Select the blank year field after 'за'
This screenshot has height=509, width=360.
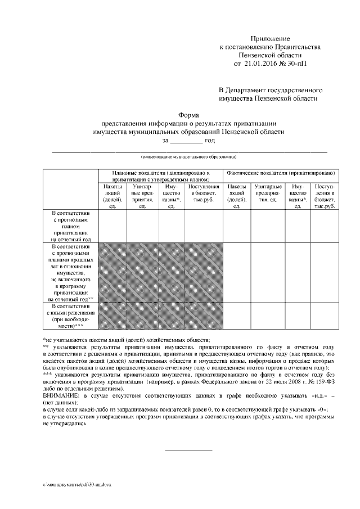187,141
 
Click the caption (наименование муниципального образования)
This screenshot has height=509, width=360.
188,156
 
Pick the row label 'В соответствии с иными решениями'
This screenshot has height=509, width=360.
70,316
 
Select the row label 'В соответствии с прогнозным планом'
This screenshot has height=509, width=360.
70,226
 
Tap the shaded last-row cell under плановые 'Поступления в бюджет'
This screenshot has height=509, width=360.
203,316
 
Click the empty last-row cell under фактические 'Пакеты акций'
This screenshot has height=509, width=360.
237,316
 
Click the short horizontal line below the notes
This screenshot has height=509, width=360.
188,451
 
